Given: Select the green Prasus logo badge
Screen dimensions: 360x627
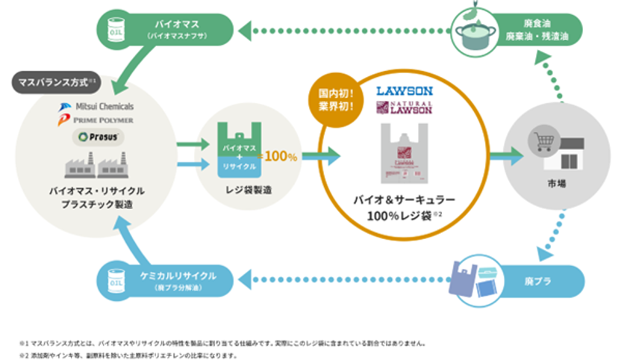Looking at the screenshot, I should tap(89, 137).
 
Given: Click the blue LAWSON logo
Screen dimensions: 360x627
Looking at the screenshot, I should tap(405, 91).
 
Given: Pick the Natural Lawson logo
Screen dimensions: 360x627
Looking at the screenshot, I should tap(405, 107).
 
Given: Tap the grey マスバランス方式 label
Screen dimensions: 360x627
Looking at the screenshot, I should tap(54, 79).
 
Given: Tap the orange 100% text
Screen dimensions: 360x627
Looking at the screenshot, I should tap(282, 157).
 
